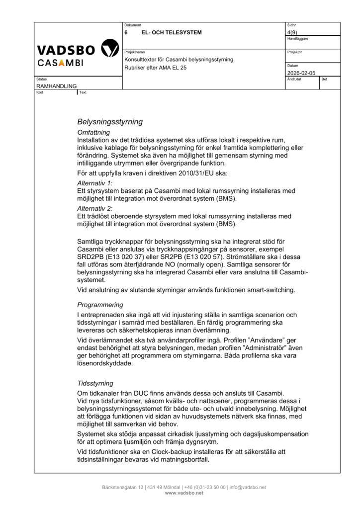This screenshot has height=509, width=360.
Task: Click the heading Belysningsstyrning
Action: tap(110, 121)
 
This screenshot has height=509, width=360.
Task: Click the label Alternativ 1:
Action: tap(95, 183)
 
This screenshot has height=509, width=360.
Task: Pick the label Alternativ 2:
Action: tap(95, 208)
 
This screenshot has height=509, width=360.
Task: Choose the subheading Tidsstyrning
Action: tap(95, 383)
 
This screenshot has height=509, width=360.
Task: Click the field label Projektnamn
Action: tap(134, 52)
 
